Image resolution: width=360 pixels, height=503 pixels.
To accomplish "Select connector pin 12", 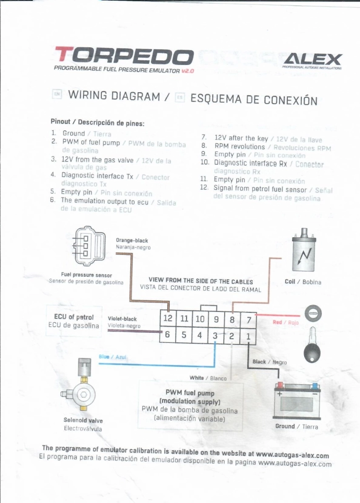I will tap(168, 319).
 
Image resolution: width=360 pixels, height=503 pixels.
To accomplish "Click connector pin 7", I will tap(249, 319).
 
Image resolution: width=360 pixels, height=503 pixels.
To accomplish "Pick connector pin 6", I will tap(167, 335).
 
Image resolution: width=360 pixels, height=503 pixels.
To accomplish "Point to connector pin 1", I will tap(248, 336).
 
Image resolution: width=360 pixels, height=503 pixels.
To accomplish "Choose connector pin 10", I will tap(200, 319).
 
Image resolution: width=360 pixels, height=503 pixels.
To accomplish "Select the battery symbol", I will tap(297, 401).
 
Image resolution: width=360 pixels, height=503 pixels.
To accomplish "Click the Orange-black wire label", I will tap(132, 241).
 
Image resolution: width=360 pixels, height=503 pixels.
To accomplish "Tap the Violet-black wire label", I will tap(122, 319).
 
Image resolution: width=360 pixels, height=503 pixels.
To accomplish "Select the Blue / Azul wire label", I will tap(113, 357).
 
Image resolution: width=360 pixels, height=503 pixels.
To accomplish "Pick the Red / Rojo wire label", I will tap(285, 322).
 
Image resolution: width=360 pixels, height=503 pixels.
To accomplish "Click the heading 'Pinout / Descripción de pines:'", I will tap(98, 123).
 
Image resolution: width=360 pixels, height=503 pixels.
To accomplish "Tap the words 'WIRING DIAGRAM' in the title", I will tap(114, 96).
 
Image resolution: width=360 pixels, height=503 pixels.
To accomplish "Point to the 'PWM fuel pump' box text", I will tap(190, 393).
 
